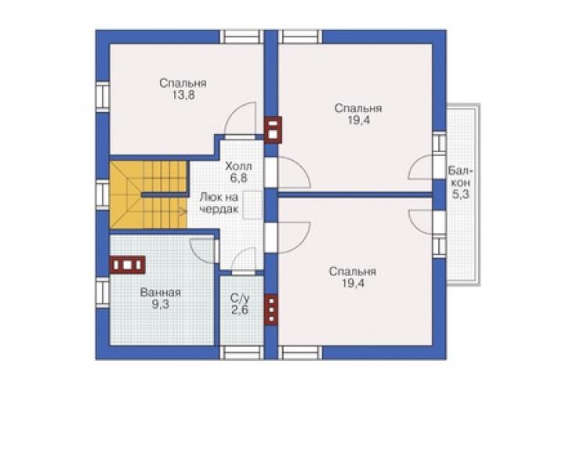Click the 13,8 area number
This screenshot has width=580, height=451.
pos(183,96)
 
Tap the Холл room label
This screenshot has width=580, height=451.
pos(238,165)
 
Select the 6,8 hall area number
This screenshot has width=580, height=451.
pos(238,178)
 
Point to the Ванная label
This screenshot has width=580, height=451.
pos(161,293)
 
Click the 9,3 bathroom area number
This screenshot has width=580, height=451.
pos(161,304)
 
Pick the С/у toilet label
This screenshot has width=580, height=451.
pos(240,298)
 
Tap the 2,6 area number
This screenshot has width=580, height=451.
pos(240,311)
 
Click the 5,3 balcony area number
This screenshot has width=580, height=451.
pos(461,194)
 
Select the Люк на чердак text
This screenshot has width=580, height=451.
pos(219,203)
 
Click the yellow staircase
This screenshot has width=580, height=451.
pos(149,195)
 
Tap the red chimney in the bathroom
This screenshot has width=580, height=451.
pos(127,265)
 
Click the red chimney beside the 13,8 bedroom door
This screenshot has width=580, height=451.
pos(274,129)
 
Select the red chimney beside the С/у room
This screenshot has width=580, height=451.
pos(271,310)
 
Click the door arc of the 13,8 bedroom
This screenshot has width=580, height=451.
pos(241,118)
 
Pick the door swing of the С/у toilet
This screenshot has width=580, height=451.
pos(244,259)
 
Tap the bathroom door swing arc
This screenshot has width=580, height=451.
pos(202,251)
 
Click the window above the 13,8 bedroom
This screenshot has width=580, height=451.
pos(242,37)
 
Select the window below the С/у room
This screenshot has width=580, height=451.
pos(242,353)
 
